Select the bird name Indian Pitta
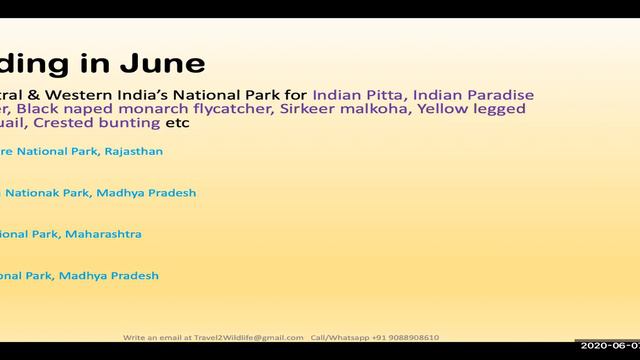point(356,94)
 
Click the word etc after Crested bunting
point(177,123)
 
